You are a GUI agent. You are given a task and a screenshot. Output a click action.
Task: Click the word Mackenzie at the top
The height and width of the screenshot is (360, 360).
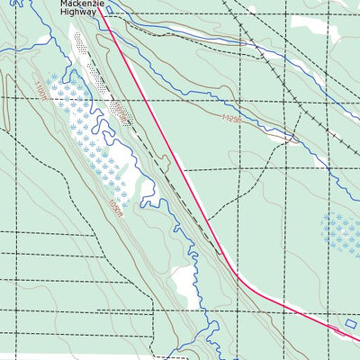(84, 4)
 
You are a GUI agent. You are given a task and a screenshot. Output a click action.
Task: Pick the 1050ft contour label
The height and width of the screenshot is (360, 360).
(114, 208)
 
